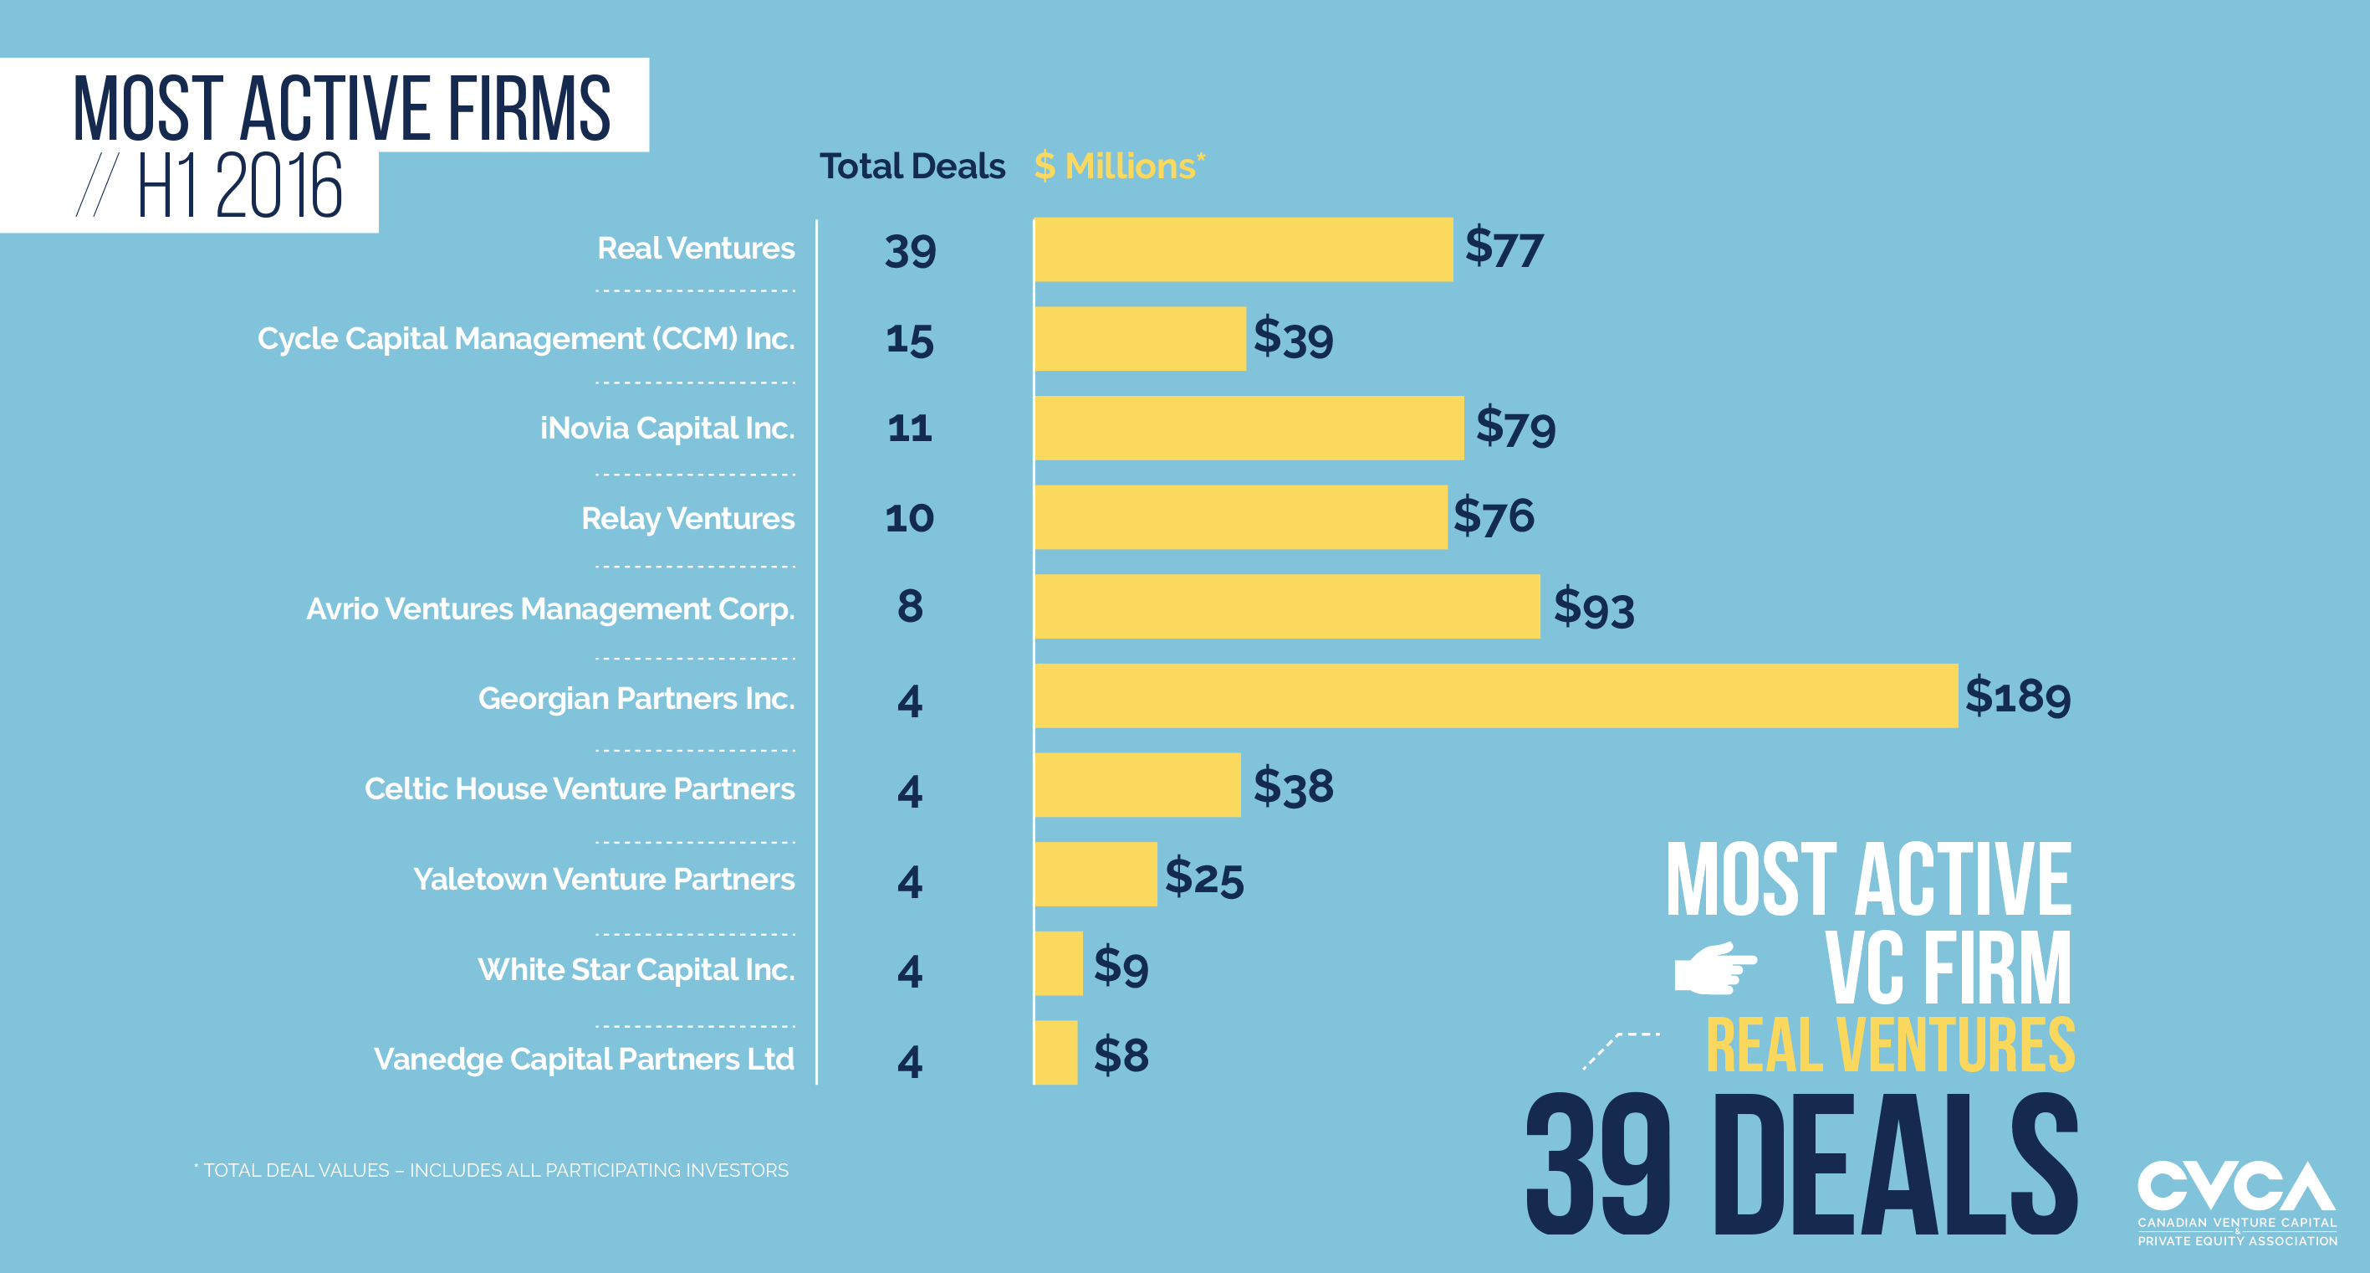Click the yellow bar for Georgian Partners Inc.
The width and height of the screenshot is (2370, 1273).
(1495, 696)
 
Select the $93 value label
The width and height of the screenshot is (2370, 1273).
(1593, 608)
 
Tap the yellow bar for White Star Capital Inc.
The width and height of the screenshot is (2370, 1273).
(1058, 962)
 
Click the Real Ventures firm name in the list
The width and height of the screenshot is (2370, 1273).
(696, 249)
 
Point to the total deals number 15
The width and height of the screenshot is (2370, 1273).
(909, 339)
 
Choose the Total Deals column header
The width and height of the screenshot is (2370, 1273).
(912, 167)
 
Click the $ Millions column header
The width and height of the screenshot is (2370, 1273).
(1119, 167)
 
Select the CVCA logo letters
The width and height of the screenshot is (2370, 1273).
(2235, 1187)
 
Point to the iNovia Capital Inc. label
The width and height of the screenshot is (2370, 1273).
(667, 429)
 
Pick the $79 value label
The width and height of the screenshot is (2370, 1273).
(1514, 427)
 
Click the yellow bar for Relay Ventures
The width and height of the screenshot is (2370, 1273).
(1240, 517)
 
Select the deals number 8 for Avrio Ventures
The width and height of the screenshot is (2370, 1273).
(909, 607)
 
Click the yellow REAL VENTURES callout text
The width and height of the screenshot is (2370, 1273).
(1890, 1045)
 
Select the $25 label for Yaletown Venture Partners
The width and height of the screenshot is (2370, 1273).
(1203, 876)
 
